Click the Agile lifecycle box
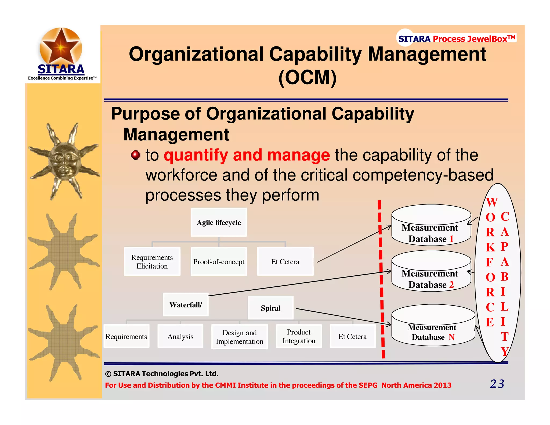[219, 222]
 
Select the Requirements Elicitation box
[152, 261]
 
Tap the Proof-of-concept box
[219, 261]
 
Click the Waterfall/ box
[186, 305]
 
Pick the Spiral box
[270, 308]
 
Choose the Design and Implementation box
[239, 337]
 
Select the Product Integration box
[299, 336]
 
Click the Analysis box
[180, 336]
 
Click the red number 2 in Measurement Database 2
[451, 284]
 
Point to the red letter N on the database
[451, 337]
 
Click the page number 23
[497, 384]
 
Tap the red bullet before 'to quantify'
[136, 155]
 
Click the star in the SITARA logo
[61, 46]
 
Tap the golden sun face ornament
[64, 161]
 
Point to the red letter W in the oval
[492, 202]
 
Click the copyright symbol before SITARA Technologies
[108, 374]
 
